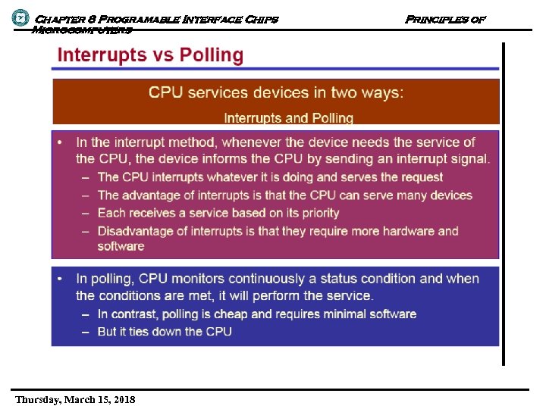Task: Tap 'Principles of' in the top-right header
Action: (x=444, y=19)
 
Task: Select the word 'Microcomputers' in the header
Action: (x=81, y=30)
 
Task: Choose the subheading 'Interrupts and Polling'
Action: (x=288, y=118)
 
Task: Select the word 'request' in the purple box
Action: (x=417, y=177)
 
